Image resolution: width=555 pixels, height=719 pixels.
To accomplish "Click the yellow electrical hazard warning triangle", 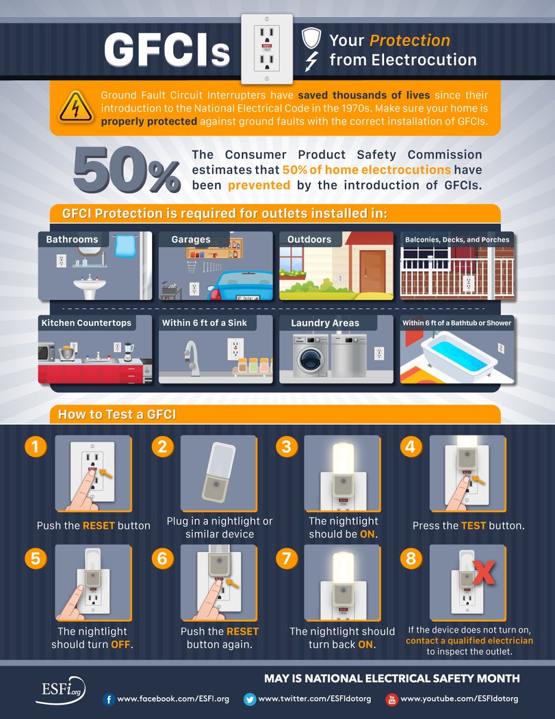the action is click(x=76, y=108).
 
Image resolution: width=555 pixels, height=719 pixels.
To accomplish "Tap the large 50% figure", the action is click(x=127, y=170).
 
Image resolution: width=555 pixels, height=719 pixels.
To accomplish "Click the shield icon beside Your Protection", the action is click(x=311, y=38).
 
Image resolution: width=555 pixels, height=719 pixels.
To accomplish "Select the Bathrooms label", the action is click(x=72, y=239).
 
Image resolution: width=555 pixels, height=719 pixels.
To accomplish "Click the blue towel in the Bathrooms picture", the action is click(x=125, y=247).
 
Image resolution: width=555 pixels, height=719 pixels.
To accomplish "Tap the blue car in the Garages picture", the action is click(x=240, y=286).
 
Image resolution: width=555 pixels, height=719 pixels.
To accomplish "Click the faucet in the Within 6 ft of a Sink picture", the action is click(x=192, y=358).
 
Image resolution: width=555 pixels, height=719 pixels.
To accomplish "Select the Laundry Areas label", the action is click(x=325, y=323).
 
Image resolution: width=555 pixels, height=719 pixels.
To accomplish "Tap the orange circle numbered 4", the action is click(x=411, y=446).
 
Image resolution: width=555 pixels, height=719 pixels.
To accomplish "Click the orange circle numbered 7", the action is click(x=287, y=559).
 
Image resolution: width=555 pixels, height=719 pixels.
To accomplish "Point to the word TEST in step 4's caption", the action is click(x=474, y=525).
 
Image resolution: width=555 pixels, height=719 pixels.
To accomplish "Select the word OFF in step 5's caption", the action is click(x=120, y=644).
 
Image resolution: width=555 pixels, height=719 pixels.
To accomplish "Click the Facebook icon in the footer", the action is click(x=109, y=699).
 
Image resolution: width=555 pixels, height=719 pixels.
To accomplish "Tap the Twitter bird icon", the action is click(x=250, y=699).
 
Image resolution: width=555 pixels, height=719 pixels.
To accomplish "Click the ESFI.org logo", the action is click(x=60, y=690).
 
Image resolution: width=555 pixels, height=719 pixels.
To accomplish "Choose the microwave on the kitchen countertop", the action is click(x=47, y=353).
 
